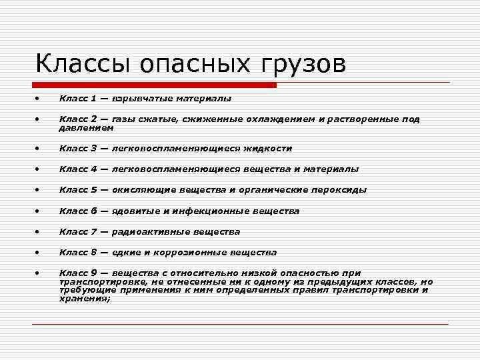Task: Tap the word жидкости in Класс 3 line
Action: (x=269, y=149)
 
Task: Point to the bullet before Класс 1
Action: (x=39, y=99)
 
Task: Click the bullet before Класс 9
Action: (x=39, y=273)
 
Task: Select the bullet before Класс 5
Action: (x=39, y=190)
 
